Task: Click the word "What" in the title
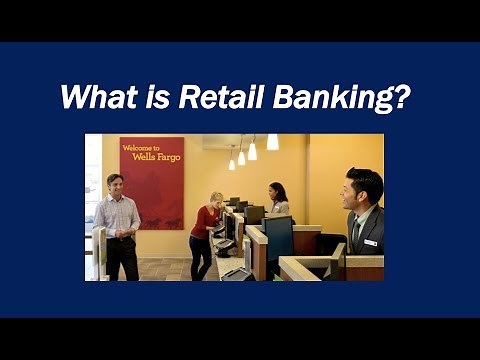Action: coord(95,98)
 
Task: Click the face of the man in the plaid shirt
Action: coord(114,184)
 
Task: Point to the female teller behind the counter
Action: coord(277,200)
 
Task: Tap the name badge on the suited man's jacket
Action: coord(370,242)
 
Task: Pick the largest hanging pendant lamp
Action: coord(272,142)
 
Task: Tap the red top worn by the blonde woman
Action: coord(204,221)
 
